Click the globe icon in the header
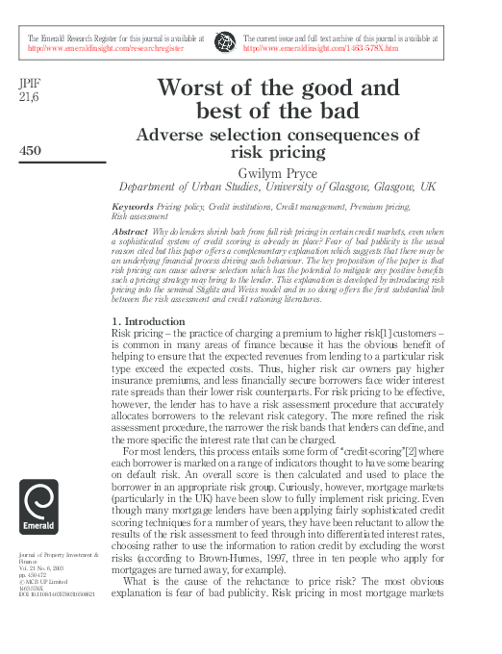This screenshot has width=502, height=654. click(x=226, y=41)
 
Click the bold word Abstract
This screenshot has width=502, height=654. click(x=131, y=233)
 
